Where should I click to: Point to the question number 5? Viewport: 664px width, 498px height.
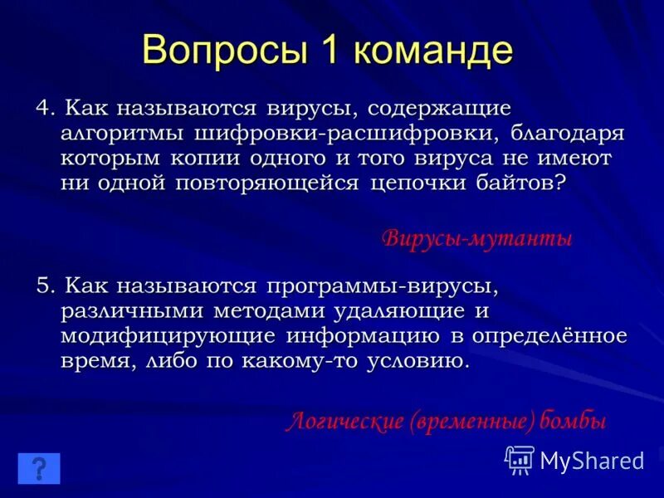point(43,286)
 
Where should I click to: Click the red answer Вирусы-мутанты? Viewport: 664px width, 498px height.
point(477,239)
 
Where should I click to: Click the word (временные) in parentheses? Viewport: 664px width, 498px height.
point(472,422)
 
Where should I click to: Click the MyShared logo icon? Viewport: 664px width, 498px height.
point(520,460)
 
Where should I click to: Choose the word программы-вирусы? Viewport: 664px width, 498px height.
point(381,286)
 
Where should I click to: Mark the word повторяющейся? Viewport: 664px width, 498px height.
point(267,183)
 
